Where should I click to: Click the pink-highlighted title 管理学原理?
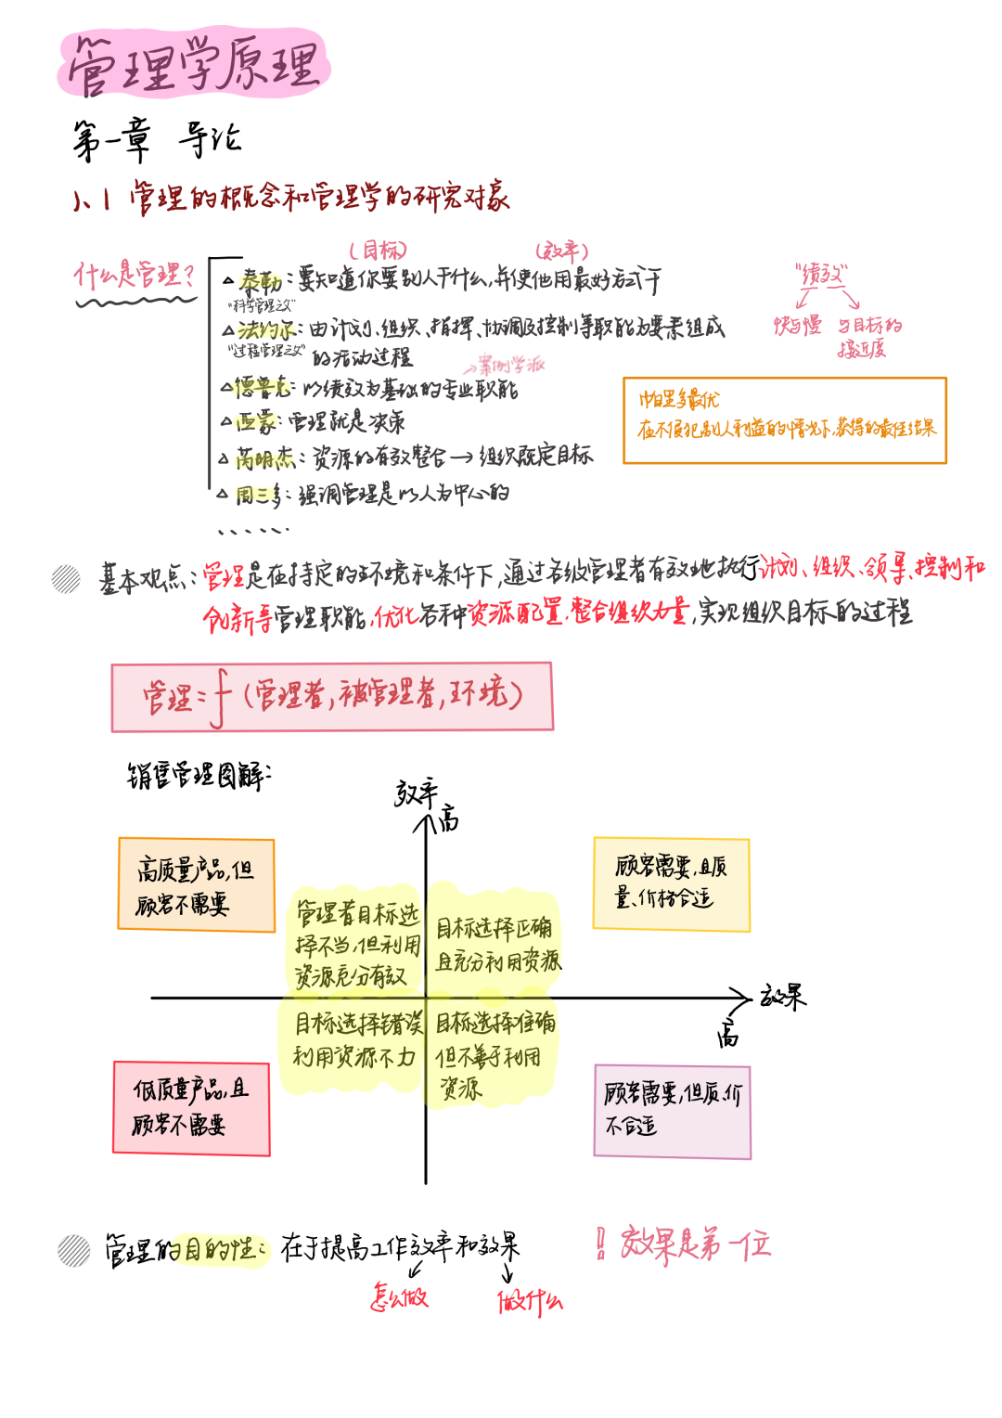pyautogui.click(x=195, y=65)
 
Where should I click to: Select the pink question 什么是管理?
pyautogui.click(x=135, y=275)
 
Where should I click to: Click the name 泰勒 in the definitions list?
pyautogui.click(x=260, y=280)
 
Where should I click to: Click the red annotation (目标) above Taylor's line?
pyautogui.click(x=378, y=250)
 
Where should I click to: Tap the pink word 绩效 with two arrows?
pyautogui.click(x=822, y=274)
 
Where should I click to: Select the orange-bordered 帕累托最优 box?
pyautogui.click(x=784, y=419)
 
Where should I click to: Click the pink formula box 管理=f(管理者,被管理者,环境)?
pyautogui.click(x=332, y=697)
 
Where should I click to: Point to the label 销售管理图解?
pyautogui.click(x=198, y=775)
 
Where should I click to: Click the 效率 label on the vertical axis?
pyautogui.click(x=416, y=793)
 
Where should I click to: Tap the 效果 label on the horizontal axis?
pyautogui.click(x=783, y=998)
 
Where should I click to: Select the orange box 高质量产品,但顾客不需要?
pyautogui.click(x=196, y=884)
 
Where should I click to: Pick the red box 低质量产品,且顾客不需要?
pyautogui.click(x=191, y=1108)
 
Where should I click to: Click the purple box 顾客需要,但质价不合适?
pyautogui.click(x=672, y=1111)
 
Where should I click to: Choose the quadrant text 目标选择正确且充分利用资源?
pyautogui.click(x=496, y=944)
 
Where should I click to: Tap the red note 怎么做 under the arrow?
pyautogui.click(x=399, y=1296)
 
